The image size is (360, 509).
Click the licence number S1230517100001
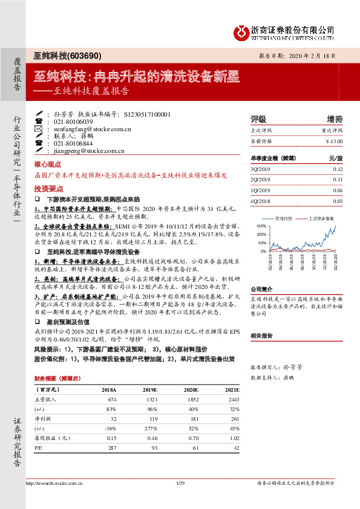point(147,114)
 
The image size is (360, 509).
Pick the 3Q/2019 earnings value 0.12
point(338,169)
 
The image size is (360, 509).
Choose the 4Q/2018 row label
point(261,201)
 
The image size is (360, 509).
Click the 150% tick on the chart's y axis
point(262,225)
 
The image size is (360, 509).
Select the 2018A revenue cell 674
point(112,400)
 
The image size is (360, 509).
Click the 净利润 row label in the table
point(42,418)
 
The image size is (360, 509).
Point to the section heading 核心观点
point(48,164)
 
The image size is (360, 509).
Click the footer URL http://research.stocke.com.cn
point(54,483)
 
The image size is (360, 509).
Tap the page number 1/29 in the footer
point(179,483)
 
